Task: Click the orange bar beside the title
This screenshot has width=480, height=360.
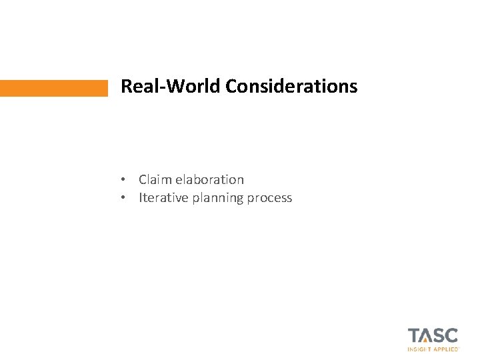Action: [53, 88]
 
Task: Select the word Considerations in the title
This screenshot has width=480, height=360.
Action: [291, 87]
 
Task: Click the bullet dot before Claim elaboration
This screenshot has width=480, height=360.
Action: [124, 180]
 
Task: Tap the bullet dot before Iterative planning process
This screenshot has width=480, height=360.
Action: [124, 198]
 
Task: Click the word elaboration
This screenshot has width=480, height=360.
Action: [210, 179]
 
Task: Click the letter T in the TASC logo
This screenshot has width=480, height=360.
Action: [414, 335]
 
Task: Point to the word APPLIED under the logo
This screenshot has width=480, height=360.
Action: [445, 349]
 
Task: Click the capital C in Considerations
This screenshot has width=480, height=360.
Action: [231, 87]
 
